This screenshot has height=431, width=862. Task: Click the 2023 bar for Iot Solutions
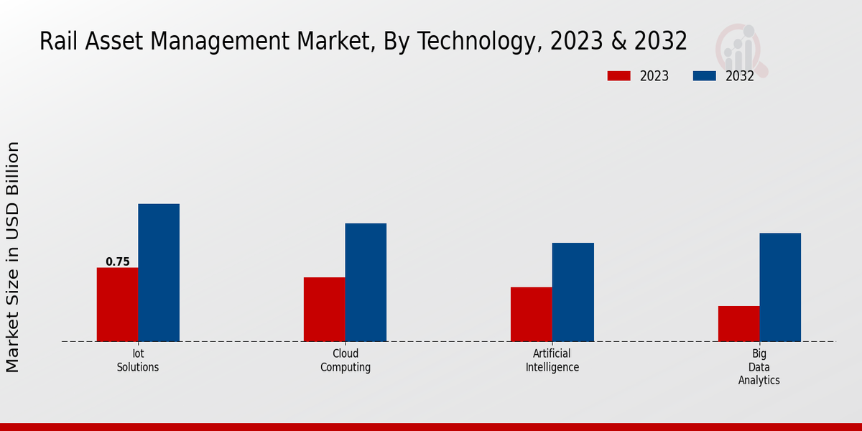[x=117, y=305]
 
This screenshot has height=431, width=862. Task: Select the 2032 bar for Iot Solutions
[x=159, y=273]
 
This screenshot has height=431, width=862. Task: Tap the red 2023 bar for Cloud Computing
[x=324, y=309]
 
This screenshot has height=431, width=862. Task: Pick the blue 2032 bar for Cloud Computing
[x=366, y=282]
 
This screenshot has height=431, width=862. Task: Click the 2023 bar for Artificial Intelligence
[x=532, y=314]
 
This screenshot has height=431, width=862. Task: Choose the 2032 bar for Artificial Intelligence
[x=573, y=292]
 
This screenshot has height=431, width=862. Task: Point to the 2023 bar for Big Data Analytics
[x=738, y=323]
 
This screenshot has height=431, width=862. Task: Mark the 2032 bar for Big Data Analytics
[x=780, y=287]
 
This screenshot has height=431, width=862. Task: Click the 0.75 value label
[x=118, y=262]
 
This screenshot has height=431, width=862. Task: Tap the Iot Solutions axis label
[x=138, y=360]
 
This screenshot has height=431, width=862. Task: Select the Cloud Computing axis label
[x=346, y=360]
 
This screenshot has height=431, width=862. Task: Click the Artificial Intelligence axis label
[x=552, y=360]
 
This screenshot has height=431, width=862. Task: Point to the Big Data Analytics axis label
[x=759, y=366]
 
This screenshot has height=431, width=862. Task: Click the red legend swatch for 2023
[x=618, y=76]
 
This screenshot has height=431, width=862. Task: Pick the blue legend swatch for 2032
[x=704, y=76]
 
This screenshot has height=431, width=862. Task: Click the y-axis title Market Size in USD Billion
[x=13, y=257]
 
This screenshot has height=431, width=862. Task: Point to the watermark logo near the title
[x=741, y=50]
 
